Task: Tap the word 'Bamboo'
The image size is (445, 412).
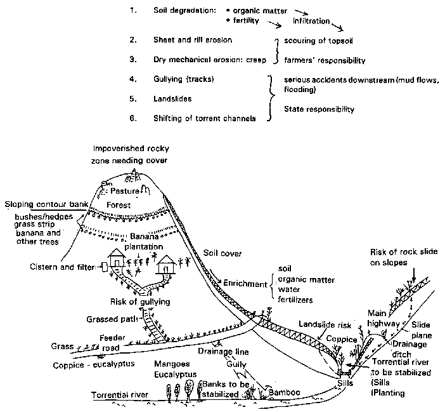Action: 285,393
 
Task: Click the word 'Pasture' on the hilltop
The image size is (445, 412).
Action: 124,190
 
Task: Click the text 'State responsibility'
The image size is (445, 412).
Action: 319,109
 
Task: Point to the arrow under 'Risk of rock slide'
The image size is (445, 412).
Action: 412,275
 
